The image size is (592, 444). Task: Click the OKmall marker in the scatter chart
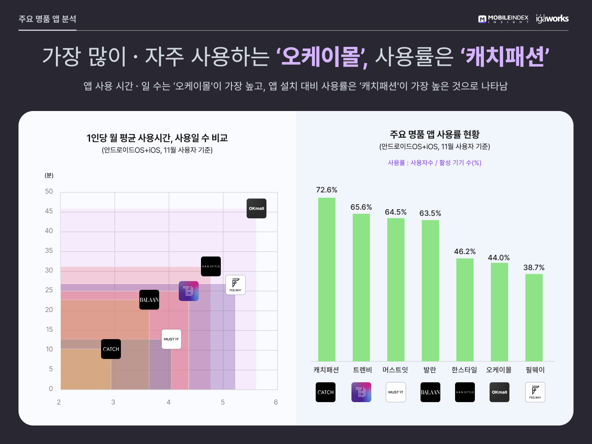pos(257,208)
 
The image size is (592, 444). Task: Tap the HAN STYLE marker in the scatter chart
pos(211,266)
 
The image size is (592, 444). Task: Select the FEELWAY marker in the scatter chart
pos(236,285)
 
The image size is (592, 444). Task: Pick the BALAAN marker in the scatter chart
pos(149,300)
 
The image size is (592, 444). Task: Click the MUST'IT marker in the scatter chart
pos(171,339)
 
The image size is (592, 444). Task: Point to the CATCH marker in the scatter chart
pos(111,349)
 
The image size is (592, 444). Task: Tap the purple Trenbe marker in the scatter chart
pos(189,291)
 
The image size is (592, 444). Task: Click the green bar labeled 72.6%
pos(327,280)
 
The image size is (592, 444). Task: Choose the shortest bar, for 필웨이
pos(534,317)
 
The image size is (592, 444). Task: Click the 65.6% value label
pos(361,207)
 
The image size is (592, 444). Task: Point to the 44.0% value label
pos(499,258)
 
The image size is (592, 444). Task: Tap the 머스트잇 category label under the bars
pos(395,370)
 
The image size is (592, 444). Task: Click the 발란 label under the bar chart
pos(430,370)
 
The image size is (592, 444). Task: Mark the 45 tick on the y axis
pos(49,211)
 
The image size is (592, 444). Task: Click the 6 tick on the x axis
pos(276,402)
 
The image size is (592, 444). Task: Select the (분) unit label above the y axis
pos(49,176)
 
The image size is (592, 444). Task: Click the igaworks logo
pos(552,18)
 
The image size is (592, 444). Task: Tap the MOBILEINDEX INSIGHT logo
pos(503,19)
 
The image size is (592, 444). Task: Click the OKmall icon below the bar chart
pos(499,392)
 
